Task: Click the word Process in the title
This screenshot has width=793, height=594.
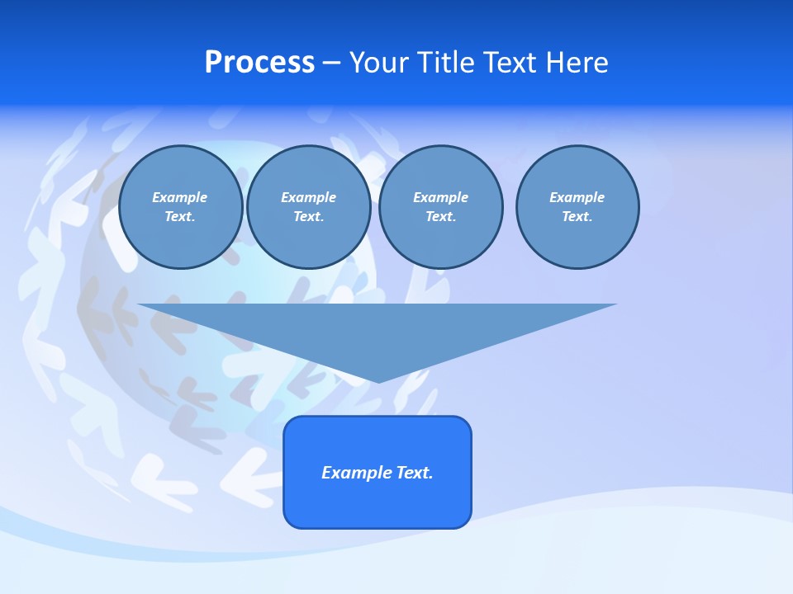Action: coord(259,63)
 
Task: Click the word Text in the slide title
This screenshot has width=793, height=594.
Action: coord(511,63)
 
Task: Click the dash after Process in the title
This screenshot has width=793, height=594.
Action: coord(332,64)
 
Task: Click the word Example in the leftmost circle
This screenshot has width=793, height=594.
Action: coord(180,197)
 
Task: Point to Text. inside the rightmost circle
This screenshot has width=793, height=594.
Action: coord(577,216)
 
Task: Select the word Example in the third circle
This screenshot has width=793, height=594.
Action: coord(440,197)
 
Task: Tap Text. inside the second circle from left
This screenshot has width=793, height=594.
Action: coord(309,216)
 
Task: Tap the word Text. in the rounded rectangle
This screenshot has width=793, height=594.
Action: coord(415,473)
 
